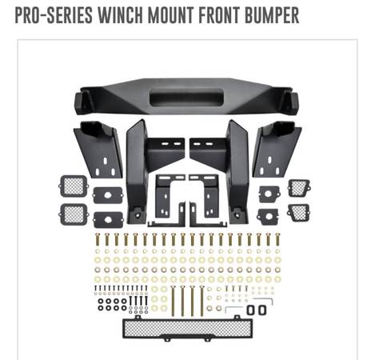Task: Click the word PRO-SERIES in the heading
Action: click(54, 15)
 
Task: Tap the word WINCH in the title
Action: click(120, 15)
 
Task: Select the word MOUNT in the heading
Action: click(171, 15)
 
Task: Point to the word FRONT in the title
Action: click(219, 15)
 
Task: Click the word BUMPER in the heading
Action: click(272, 15)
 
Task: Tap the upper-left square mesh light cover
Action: click(74, 186)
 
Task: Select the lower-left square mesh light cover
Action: click(74, 214)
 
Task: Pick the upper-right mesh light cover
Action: click(299, 188)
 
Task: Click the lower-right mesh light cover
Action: click(298, 213)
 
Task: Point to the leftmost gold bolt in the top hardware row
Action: click(98, 239)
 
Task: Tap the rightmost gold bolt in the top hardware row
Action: click(277, 239)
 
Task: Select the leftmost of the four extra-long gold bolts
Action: click(173, 300)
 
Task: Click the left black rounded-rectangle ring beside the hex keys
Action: click(251, 310)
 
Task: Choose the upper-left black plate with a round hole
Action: click(108, 195)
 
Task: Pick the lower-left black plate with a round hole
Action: click(108, 220)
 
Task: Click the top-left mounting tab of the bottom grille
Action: click(138, 318)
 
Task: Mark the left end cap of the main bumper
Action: click(83, 102)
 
